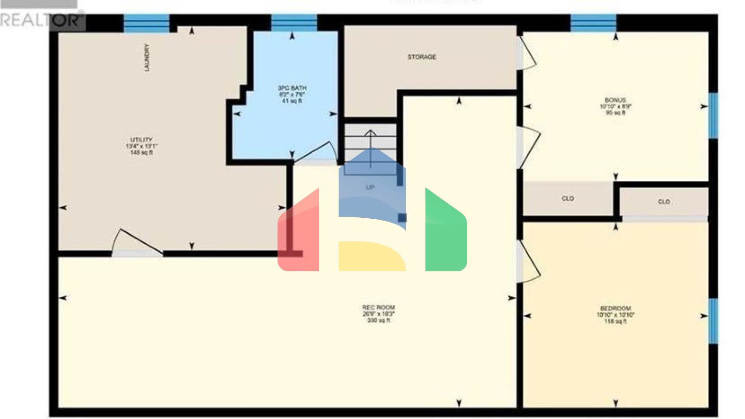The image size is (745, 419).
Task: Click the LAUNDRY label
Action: click(147, 58)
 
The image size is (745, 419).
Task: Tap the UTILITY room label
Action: click(141, 145)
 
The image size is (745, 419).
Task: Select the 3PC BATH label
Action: click(292, 94)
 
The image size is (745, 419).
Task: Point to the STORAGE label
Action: click(421, 57)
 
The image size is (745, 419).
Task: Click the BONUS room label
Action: click(615, 106)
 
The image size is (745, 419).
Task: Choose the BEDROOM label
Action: click(615, 314)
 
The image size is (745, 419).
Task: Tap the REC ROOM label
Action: click(378, 313)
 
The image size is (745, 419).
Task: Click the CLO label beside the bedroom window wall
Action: click(664, 201)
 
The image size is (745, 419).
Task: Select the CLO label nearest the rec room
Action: click(567, 198)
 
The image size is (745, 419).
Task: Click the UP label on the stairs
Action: click(370, 187)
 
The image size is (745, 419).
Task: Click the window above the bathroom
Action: click(293, 23)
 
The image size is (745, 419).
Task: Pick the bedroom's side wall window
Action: click(713, 321)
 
